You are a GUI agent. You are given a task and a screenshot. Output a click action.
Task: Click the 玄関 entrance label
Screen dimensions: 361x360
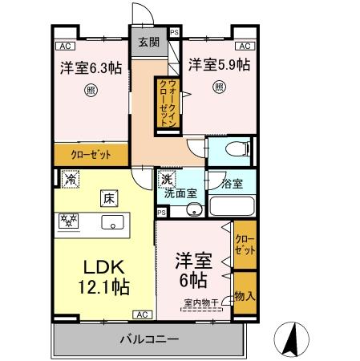[x=149, y=43]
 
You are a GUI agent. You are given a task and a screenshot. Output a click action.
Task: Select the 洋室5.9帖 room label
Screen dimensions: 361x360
[x=218, y=63]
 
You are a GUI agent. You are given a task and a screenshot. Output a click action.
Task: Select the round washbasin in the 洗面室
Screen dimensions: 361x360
[x=193, y=210]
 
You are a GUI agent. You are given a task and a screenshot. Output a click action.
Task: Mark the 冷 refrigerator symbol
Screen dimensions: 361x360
[x=68, y=180]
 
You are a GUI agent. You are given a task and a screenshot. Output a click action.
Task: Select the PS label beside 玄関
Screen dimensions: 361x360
[x=174, y=33]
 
